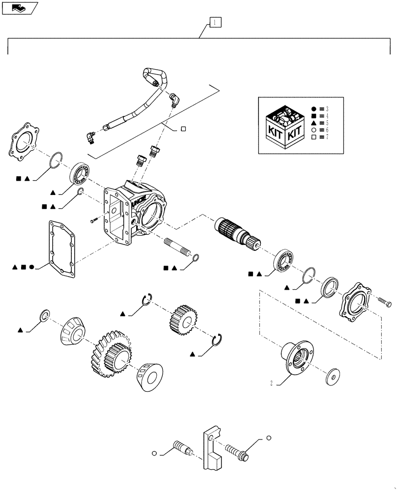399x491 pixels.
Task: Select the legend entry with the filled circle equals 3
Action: (320, 109)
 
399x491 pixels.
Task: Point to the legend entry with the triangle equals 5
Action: (320, 122)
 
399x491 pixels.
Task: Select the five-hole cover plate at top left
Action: (25, 143)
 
